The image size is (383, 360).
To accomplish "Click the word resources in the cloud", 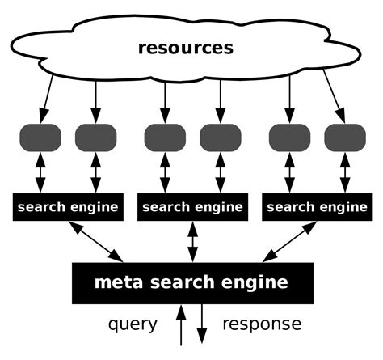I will click(185, 48).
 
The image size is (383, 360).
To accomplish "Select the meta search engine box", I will click(191, 282).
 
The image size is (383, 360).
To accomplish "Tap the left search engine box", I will click(68, 207).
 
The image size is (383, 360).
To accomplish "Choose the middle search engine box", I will click(192, 207).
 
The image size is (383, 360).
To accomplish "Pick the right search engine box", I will click(316, 207).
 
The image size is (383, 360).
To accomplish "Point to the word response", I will click(261, 325).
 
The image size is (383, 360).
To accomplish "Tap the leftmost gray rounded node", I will click(40, 137).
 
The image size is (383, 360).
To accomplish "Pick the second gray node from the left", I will click(96, 137).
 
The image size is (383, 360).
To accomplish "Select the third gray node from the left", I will click(165, 137).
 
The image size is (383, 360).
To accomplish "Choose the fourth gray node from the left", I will click(220, 137).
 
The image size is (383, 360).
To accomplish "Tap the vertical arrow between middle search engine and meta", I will click(192, 241).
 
